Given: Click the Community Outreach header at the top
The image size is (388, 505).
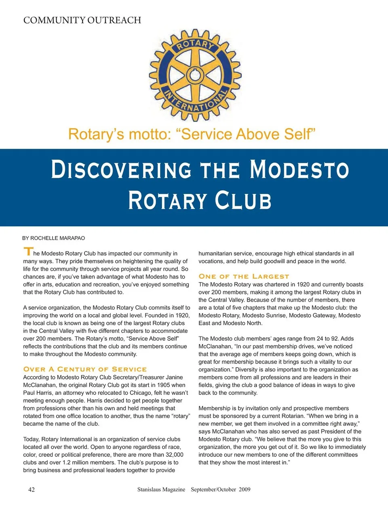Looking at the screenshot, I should [x=82, y=20].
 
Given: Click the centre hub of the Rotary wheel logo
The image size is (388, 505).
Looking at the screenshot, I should [x=195, y=75].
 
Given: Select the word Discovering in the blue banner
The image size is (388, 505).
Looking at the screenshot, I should [x=121, y=170].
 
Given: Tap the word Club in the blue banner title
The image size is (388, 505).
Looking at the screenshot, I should [x=243, y=200].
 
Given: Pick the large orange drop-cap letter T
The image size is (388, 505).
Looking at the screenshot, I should [x=28, y=251].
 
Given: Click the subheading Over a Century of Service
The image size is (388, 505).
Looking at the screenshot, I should [x=85, y=369].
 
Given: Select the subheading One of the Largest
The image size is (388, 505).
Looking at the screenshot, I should [x=244, y=276].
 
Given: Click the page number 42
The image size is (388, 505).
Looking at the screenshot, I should [x=32, y=489].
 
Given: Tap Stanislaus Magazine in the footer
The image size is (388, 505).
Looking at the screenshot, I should [x=161, y=489].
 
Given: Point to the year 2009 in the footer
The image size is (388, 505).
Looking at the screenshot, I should [x=244, y=489].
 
